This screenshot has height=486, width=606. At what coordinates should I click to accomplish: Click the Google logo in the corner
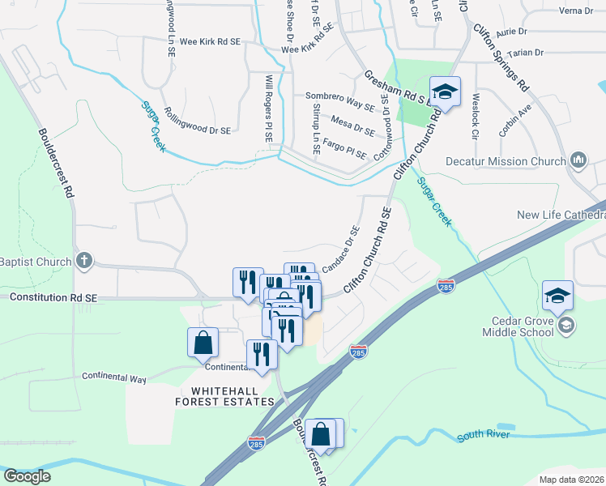tap(28, 476)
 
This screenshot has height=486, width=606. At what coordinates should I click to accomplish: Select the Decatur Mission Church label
tap(506, 161)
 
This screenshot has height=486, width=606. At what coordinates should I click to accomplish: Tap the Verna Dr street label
tap(576, 11)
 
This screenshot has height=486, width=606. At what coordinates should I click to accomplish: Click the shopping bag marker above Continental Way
tap(203, 343)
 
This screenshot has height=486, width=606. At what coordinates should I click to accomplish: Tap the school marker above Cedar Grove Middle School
tap(558, 296)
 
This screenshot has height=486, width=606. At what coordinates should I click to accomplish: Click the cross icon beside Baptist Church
tap(83, 262)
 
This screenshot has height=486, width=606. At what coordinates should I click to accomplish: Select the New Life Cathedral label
tap(561, 215)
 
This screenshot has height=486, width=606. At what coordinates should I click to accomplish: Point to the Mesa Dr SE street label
tap(353, 125)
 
